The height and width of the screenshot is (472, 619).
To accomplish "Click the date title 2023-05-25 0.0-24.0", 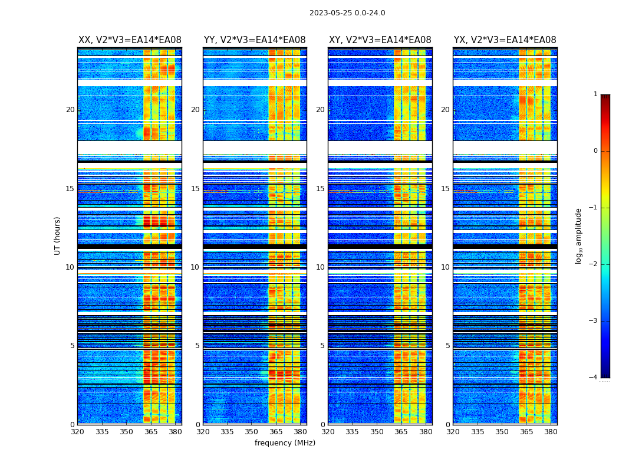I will click(x=347, y=13).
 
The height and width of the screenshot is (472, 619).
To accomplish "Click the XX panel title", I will click(x=130, y=40).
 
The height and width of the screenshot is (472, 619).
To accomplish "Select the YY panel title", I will click(x=255, y=40).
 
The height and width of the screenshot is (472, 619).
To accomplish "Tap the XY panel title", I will click(x=380, y=40).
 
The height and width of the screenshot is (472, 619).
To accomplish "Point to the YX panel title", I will click(x=505, y=40).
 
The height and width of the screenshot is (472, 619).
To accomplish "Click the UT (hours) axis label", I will click(x=58, y=235).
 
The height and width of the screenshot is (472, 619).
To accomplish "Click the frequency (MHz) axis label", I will click(x=285, y=443).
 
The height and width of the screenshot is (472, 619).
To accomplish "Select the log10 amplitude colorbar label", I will click(x=579, y=235).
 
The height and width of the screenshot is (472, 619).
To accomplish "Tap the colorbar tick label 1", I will click(x=595, y=94).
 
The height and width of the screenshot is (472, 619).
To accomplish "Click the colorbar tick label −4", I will click(x=594, y=378).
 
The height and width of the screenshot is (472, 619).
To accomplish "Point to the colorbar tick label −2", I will click(x=594, y=264).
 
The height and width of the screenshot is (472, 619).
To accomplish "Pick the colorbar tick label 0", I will click(x=595, y=151).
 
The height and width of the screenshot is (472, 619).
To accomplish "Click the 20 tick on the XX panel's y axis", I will click(x=70, y=110).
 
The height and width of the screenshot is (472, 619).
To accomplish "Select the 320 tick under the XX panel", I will click(x=77, y=432).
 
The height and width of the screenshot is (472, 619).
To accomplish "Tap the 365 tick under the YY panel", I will click(x=276, y=432).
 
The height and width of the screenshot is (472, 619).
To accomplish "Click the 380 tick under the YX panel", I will click(x=551, y=432).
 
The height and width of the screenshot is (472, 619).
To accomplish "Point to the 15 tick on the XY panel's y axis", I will click(x=320, y=189).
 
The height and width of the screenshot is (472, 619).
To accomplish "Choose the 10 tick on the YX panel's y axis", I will click(x=445, y=267).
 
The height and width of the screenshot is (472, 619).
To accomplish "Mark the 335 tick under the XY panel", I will click(x=352, y=432).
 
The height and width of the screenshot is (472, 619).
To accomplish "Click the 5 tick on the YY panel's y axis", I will click(x=197, y=346).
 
